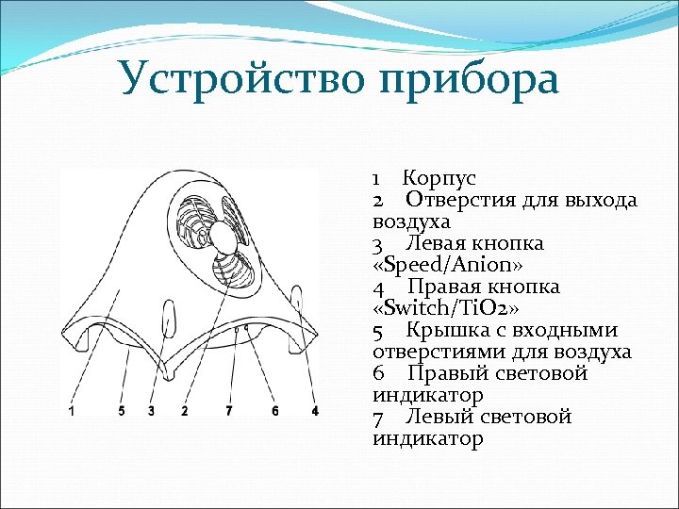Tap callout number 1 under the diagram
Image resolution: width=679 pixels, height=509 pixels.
tap(73, 411)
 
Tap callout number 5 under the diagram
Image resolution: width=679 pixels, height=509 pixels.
tap(122, 411)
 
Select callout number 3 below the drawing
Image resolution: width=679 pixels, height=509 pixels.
tap(151, 411)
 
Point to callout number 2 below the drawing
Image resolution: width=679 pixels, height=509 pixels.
tap(184, 411)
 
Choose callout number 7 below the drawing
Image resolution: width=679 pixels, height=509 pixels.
tap(228, 411)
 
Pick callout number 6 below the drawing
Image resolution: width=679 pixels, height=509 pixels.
tap(274, 411)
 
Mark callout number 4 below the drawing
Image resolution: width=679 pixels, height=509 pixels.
tap(315, 411)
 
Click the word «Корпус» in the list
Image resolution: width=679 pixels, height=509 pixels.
tap(439, 178)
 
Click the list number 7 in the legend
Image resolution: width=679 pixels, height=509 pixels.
tap(378, 417)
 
